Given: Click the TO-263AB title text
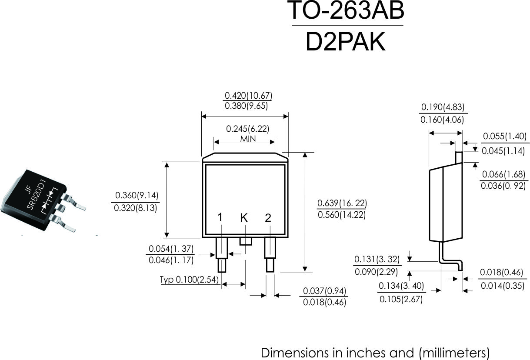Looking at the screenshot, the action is point(346,10).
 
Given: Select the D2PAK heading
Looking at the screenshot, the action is point(346,42).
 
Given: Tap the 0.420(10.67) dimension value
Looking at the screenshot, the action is point(248,96).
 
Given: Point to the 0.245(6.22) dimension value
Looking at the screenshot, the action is point(248,129).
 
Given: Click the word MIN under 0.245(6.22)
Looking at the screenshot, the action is point(248,139).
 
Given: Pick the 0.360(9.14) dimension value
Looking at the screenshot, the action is point(137,195).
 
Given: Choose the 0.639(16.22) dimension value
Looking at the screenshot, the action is point(342,203).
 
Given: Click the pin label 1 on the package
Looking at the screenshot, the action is point(220,217).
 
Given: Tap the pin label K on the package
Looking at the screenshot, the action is point(244,217).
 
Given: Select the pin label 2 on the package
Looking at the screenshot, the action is point(268,218).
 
